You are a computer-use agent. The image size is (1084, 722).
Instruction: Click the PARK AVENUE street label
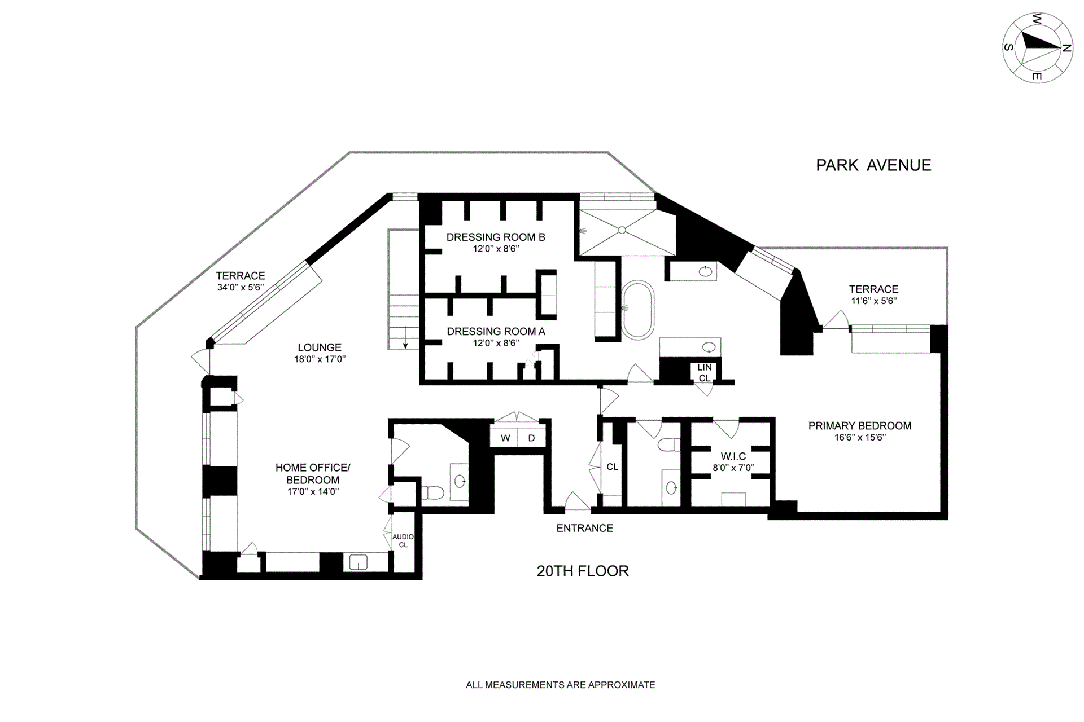873,165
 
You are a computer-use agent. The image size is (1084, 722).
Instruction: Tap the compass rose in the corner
1038,48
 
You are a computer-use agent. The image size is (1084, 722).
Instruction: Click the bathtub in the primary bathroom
638,310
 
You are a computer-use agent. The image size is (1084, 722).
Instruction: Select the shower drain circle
622,230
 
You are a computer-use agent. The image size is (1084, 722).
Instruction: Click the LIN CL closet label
704,373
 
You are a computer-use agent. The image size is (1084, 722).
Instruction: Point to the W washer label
505,438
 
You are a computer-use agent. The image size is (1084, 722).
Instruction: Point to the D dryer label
531,438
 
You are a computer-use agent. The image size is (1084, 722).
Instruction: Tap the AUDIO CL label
403,541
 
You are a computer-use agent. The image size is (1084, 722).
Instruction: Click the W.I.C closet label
733,456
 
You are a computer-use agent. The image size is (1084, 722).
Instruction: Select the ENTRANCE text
584,529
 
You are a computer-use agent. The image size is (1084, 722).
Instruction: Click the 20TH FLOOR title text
582,571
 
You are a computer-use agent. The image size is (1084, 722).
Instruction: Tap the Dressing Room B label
496,237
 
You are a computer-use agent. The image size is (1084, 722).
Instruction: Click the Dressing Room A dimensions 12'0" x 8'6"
496,343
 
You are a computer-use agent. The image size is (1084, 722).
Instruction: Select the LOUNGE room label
320,347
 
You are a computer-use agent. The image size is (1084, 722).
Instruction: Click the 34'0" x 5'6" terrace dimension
241,287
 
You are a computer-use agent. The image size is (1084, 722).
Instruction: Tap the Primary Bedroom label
859,426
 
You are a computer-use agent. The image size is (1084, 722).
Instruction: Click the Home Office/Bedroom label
313,474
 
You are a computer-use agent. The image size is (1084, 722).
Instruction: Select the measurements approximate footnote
560,685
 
